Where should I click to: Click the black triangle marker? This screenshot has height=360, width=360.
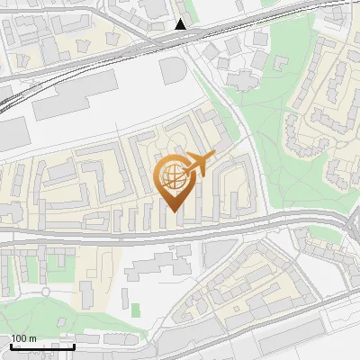[181, 24]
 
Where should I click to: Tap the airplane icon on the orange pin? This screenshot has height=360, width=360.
[198, 165]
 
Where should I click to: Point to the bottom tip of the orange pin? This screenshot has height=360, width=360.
[173, 211]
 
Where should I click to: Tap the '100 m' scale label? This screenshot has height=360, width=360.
[24, 338]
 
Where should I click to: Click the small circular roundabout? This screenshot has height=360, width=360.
[45, 292]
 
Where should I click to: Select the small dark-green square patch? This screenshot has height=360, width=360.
[136, 310]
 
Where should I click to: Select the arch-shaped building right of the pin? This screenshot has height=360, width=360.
[236, 180]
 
